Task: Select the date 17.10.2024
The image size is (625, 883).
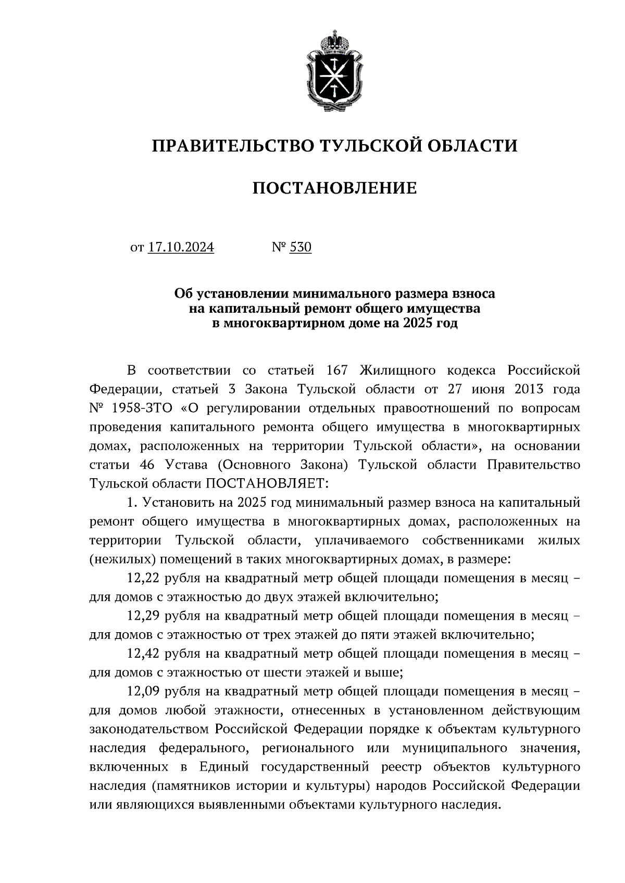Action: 181,247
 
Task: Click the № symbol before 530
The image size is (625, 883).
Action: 279,247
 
